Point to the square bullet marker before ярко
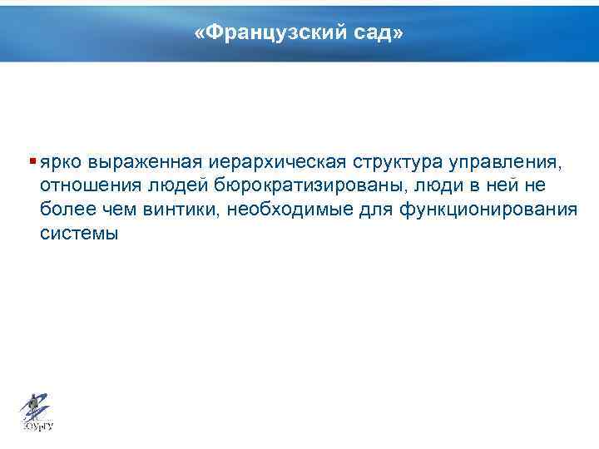tap(32, 160)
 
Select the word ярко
tap(62, 161)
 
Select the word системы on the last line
tap(79, 234)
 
